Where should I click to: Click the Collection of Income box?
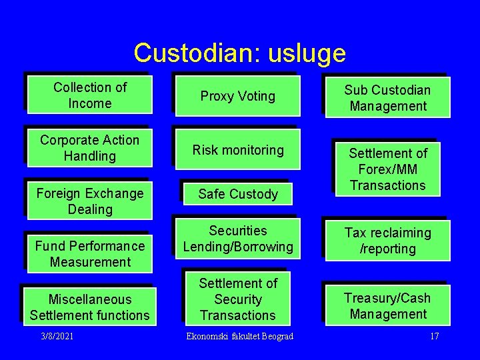[90, 95]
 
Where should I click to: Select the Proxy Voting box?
[238, 96]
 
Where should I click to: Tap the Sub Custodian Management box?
[388, 98]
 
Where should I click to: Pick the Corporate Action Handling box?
[90, 148]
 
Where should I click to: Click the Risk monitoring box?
[238, 150]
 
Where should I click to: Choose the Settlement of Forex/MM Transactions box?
[387, 169]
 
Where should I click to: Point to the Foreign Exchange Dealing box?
[90, 201]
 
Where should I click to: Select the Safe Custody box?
[238, 194]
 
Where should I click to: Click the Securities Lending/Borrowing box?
[238, 239]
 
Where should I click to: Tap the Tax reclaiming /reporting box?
[388, 241]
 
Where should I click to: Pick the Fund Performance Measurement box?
[90, 254]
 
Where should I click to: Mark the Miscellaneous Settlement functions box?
[90, 307]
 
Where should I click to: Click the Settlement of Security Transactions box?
[238, 299]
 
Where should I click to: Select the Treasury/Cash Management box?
[388, 306]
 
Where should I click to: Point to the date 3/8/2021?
[57, 336]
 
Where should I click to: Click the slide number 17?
[435, 336]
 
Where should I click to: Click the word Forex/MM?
[387, 169]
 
